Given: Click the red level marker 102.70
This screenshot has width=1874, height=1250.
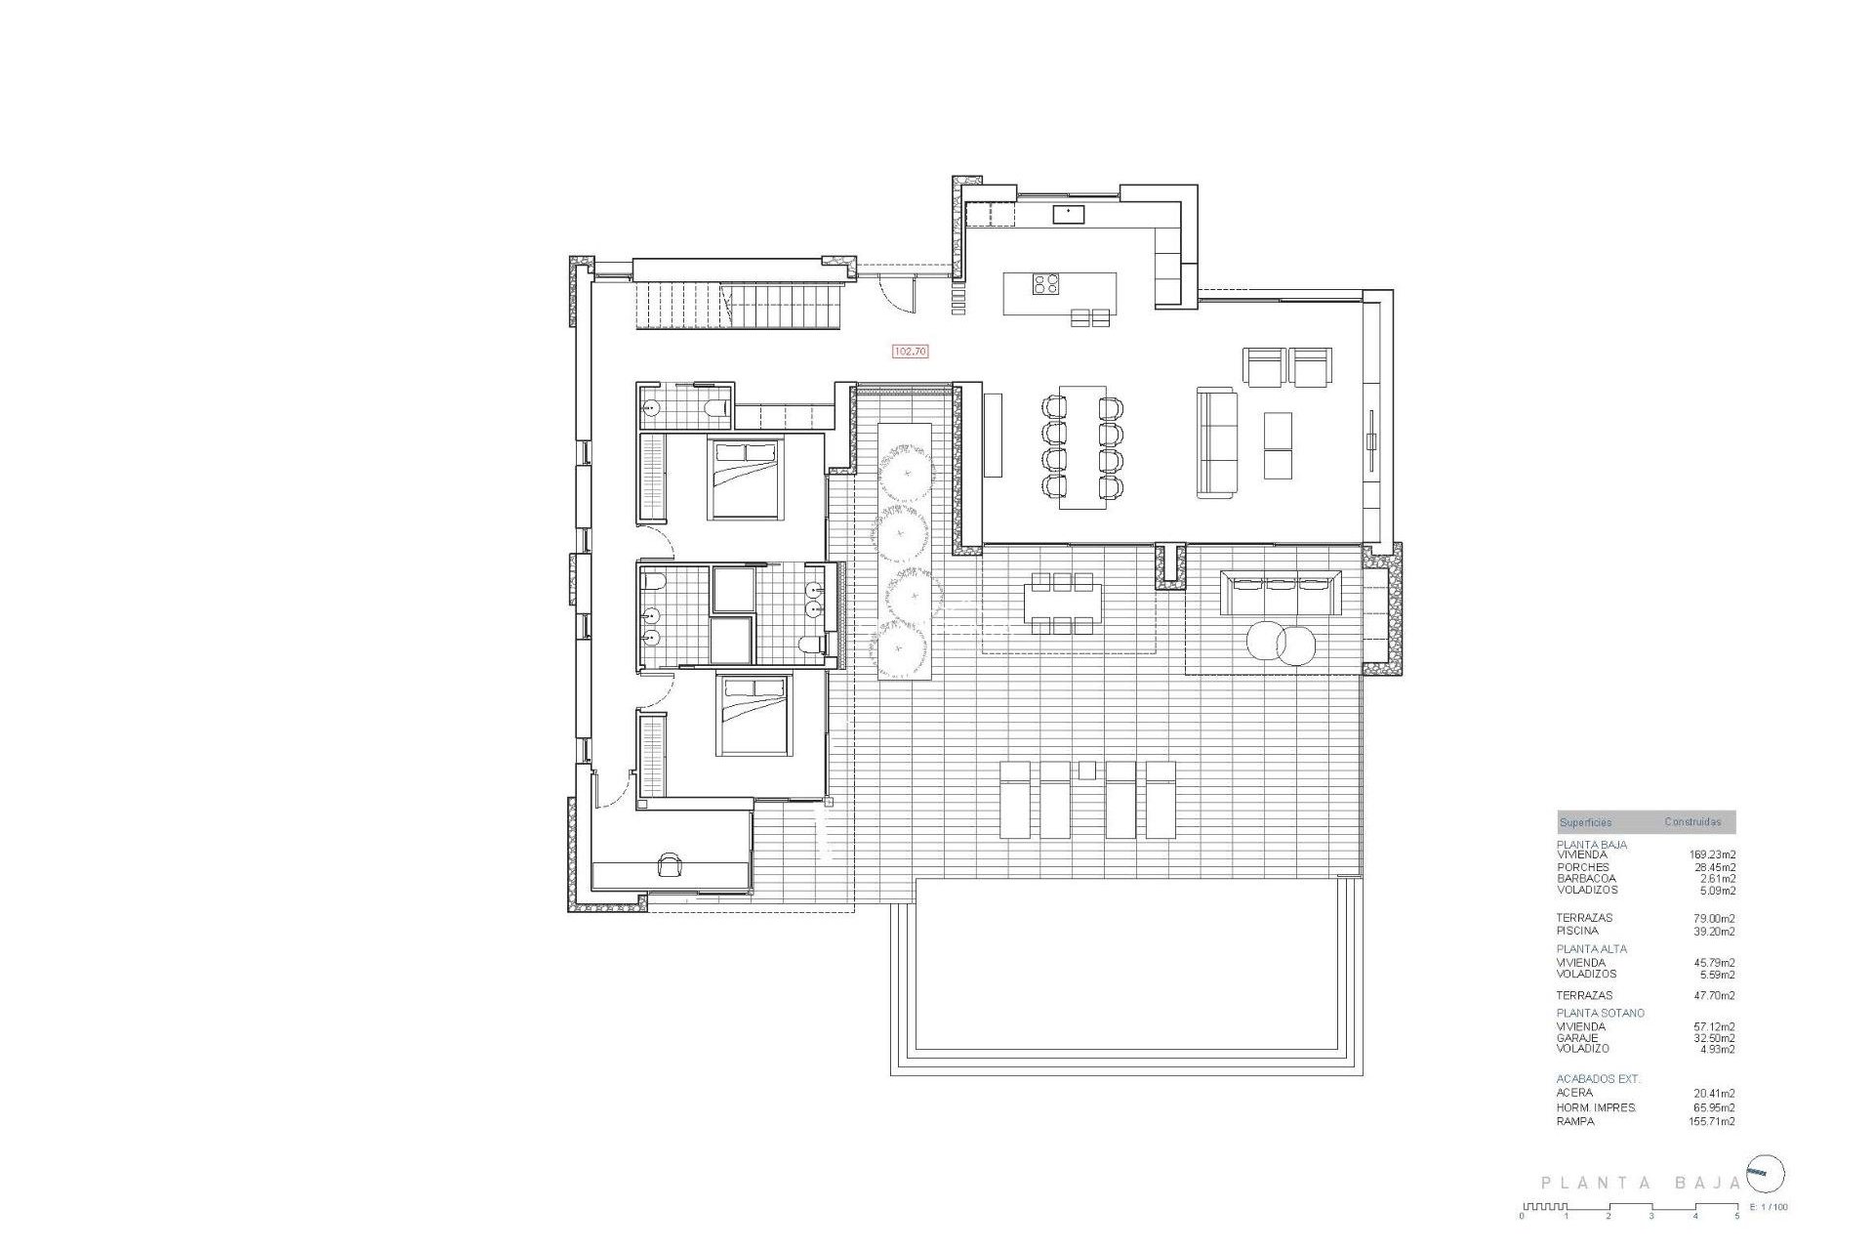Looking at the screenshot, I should [910, 351].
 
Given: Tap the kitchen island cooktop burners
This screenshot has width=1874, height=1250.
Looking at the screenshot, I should [1046, 283].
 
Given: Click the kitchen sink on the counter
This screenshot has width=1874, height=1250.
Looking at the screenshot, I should [1068, 213].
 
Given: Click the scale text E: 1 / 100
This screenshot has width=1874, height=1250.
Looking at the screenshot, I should [1770, 1207].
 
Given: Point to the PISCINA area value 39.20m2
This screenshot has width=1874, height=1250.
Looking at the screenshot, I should [1714, 931].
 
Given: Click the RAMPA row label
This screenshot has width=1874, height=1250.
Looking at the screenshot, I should [1575, 1121].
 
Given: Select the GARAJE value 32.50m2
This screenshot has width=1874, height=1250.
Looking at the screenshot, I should [1714, 1038].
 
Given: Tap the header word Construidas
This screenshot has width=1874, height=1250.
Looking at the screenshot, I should [1692, 822].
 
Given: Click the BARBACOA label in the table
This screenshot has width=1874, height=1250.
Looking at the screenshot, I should [1586, 879].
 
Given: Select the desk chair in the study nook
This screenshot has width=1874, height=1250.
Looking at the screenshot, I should [671, 864].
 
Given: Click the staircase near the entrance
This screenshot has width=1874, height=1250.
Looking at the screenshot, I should [739, 305].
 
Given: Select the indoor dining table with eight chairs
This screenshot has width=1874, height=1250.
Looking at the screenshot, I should [1082, 446].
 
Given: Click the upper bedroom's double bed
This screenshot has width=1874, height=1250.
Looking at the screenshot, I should [746, 479].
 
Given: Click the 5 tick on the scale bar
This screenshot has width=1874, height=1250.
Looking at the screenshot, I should [1736, 1216].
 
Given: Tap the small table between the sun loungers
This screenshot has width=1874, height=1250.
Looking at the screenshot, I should [1087, 771].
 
